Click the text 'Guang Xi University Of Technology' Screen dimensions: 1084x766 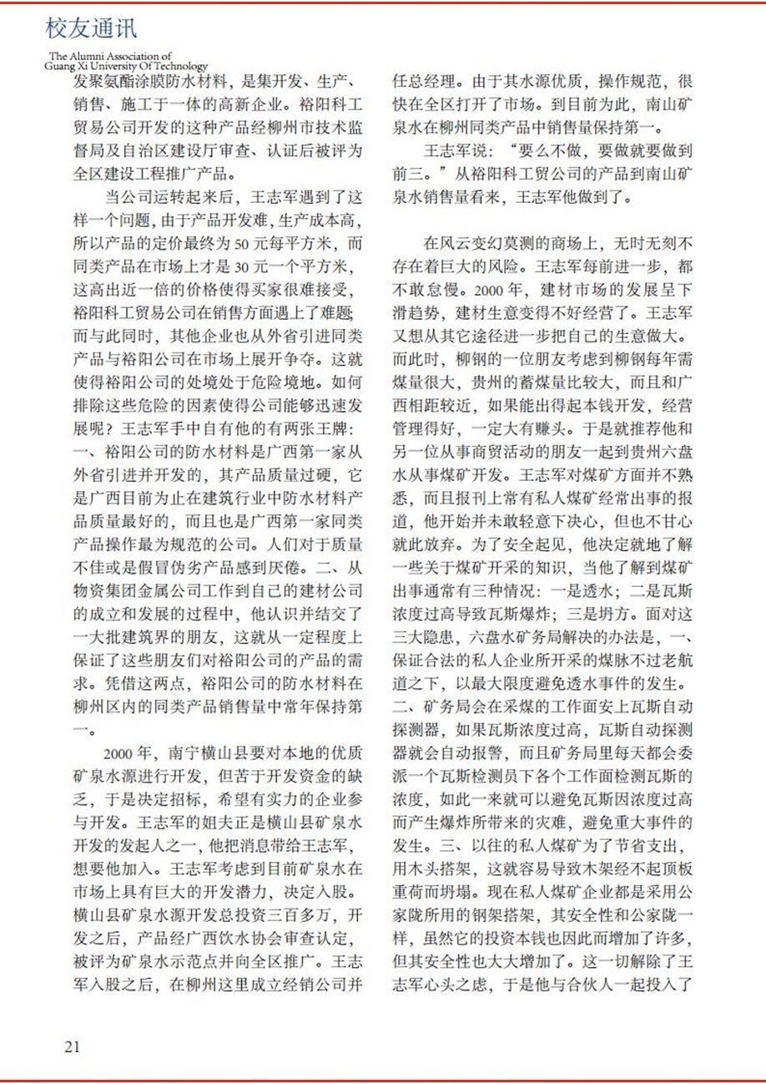[127, 65]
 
